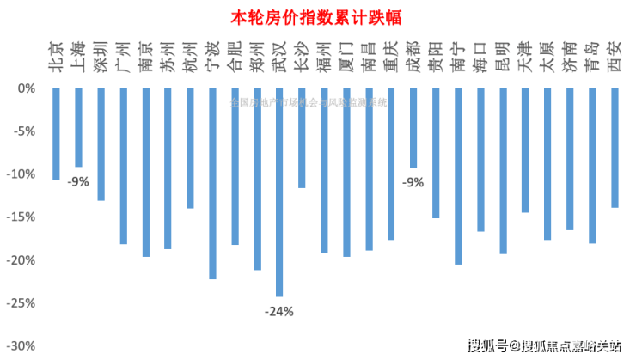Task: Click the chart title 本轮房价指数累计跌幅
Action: coord(317,16)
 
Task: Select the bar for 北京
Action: coord(56,134)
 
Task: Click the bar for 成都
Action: coord(413,128)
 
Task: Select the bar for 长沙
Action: coord(302,137)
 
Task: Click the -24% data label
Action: coord(279,311)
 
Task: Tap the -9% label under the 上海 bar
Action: coord(79,181)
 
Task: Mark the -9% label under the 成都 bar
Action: coord(413,181)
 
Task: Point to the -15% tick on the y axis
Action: coord(21,217)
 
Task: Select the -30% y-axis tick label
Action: coord(21,345)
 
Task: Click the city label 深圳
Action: coord(101,53)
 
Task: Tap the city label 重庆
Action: coord(391,53)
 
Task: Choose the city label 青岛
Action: coord(592,53)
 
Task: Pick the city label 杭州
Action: coord(190,53)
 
